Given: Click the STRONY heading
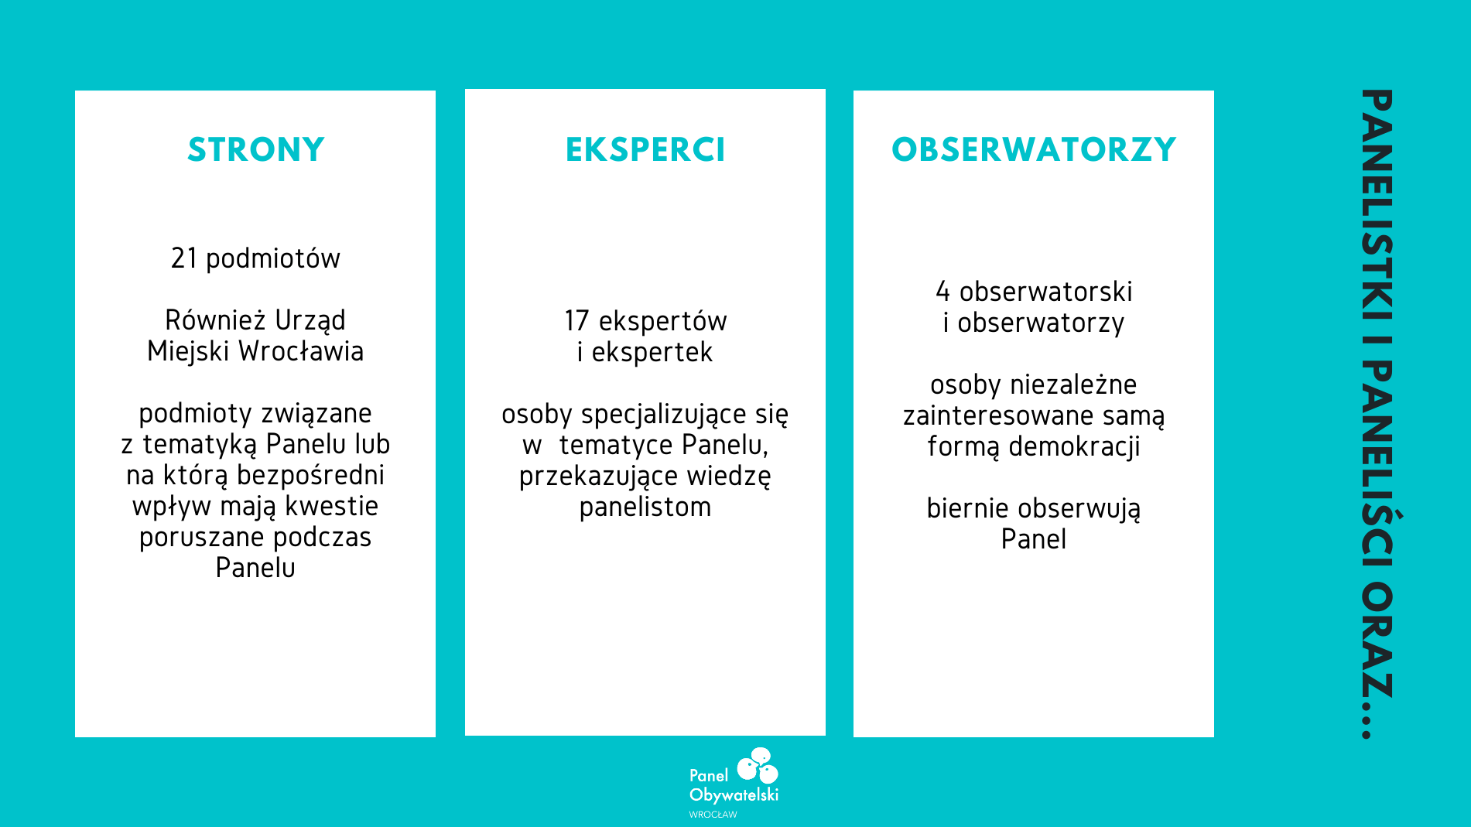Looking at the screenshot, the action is pyautogui.click(x=255, y=149).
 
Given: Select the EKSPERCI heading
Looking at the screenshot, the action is pyautogui.click(x=645, y=149).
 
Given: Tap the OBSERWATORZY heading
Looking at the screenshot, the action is pyautogui.click(x=1034, y=149).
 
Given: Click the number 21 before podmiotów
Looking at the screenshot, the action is pyautogui.click(x=184, y=258).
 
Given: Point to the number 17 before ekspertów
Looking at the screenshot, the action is pyautogui.click(x=576, y=321).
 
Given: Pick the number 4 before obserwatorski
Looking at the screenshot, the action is pyautogui.click(x=942, y=292).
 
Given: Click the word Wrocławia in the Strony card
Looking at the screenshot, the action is pyautogui.click(x=301, y=351).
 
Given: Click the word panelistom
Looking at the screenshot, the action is pyautogui.click(x=645, y=507).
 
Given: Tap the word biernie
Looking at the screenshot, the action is pyautogui.click(x=968, y=508).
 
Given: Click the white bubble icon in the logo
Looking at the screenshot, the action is pyautogui.click(x=758, y=765).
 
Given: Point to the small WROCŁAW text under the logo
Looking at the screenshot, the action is pyautogui.click(x=713, y=815).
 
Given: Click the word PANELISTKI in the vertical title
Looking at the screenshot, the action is pyautogui.click(x=1377, y=205).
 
